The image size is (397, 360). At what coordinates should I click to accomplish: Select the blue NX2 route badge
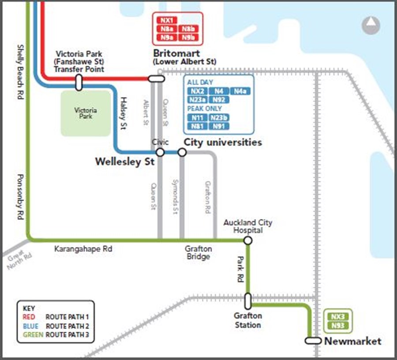point(196,91)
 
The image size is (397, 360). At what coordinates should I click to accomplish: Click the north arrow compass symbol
point(371,25)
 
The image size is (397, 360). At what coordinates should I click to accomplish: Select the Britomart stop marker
point(156,79)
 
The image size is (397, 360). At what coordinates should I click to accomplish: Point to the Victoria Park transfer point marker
point(79,82)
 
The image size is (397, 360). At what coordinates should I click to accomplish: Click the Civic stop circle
point(160,152)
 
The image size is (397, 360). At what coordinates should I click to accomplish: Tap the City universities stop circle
point(182,152)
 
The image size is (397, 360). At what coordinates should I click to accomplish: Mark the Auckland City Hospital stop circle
point(248,240)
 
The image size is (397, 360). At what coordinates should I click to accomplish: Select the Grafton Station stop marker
point(248,301)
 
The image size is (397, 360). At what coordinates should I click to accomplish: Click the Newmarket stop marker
point(313,341)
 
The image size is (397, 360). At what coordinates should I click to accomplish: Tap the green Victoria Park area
point(86,113)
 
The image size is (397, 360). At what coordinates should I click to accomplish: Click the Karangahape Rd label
point(83,249)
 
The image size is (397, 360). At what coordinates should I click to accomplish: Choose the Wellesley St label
point(125,162)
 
